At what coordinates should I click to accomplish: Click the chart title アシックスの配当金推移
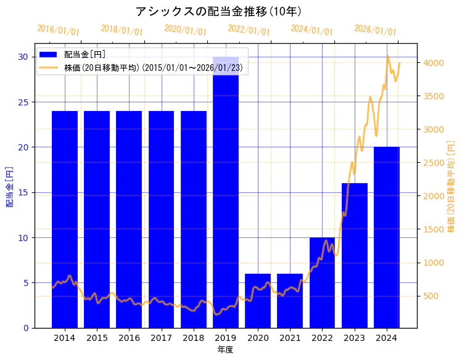pyautogui.click(x=218, y=12)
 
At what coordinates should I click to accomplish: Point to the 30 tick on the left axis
pyautogui.click(x=23, y=57)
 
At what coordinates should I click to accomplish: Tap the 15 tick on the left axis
pyautogui.click(x=23, y=192)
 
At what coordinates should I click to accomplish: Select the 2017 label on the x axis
pyautogui.click(x=161, y=338)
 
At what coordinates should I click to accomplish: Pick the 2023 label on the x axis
pyautogui.click(x=355, y=338)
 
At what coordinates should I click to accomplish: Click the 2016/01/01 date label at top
pyautogui.click(x=58, y=30)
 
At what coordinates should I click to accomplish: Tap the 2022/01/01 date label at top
pyautogui.click(x=249, y=30)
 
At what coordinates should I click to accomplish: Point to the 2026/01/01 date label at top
pyautogui.click(x=375, y=30)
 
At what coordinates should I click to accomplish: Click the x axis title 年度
pyautogui.click(x=225, y=350)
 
